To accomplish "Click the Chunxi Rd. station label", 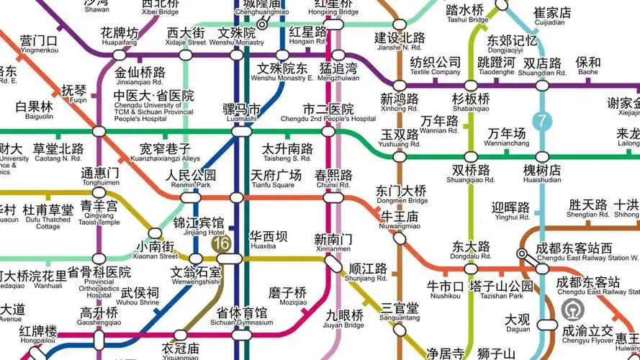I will pos(333,179).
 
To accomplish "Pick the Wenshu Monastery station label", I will pos(237,37).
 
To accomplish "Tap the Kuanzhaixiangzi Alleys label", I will pos(170,153).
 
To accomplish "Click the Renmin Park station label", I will pos(190,179).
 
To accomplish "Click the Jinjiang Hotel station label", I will pos(198,227).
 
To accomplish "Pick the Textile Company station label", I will pos(435,67).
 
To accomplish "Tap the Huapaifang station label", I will pos(120,37).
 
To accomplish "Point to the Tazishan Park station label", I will pos(501,291).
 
